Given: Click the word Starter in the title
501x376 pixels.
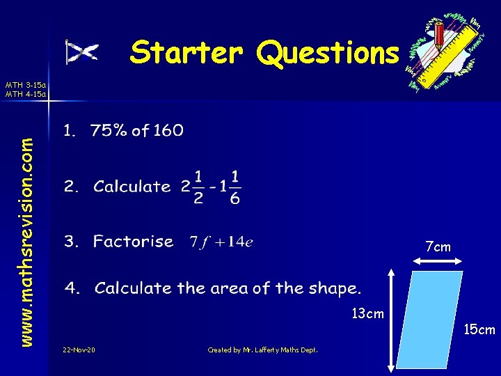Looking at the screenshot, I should click(x=186, y=52).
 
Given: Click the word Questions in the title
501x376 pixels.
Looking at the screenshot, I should click(x=328, y=53).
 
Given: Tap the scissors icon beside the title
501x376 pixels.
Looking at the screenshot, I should click(x=81, y=52).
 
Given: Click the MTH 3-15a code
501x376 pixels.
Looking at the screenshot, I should click(x=25, y=84).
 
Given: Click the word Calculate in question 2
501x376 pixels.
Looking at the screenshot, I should click(x=132, y=187).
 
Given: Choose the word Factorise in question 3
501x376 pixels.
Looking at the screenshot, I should click(x=133, y=242).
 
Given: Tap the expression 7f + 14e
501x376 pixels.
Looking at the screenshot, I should click(x=221, y=242).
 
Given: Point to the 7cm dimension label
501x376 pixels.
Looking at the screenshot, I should click(x=438, y=247).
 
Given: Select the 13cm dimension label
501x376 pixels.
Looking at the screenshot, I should click(x=367, y=313).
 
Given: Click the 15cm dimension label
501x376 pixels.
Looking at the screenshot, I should click(x=479, y=329).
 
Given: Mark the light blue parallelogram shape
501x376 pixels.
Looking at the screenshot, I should click(x=436, y=320).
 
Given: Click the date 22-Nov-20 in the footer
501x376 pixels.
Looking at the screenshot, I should click(x=79, y=350).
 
